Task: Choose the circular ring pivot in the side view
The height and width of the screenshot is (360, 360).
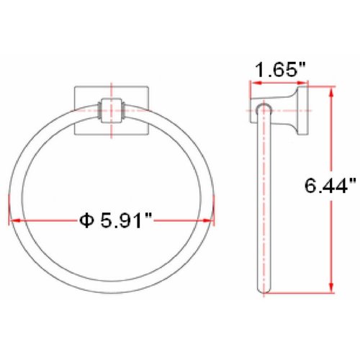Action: pos(262,108)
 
